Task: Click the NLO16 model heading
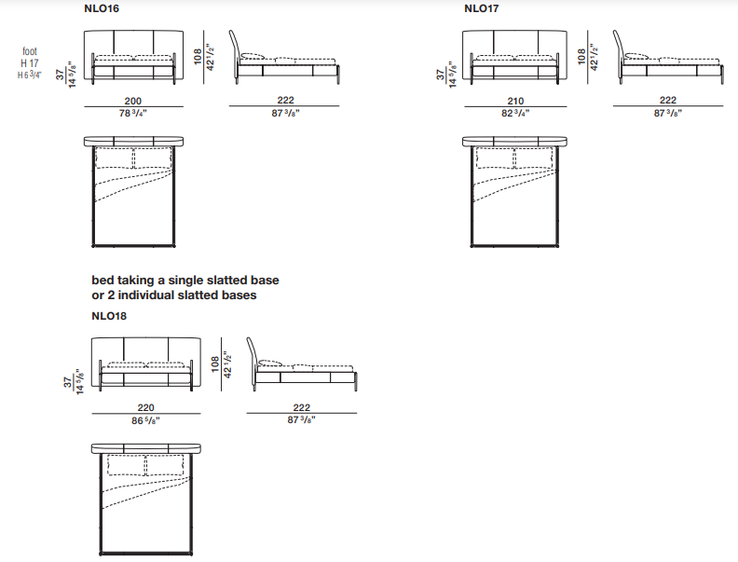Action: (102, 8)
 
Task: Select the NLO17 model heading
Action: (482, 8)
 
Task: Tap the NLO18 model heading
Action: (109, 316)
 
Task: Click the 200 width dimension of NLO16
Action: (133, 101)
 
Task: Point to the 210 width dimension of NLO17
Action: (515, 101)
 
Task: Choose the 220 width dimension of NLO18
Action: (146, 407)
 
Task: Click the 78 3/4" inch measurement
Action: (133, 114)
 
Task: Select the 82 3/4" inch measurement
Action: (515, 114)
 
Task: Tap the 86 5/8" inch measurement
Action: (146, 420)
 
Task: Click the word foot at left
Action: (30, 51)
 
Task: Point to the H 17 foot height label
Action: (30, 63)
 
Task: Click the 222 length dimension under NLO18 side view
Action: (302, 407)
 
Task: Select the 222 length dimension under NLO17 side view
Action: (668, 100)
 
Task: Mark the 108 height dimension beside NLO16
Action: (198, 56)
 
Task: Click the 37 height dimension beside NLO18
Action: (68, 382)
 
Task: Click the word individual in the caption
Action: (146, 295)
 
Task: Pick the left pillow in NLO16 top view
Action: (115, 158)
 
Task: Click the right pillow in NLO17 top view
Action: (534, 158)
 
